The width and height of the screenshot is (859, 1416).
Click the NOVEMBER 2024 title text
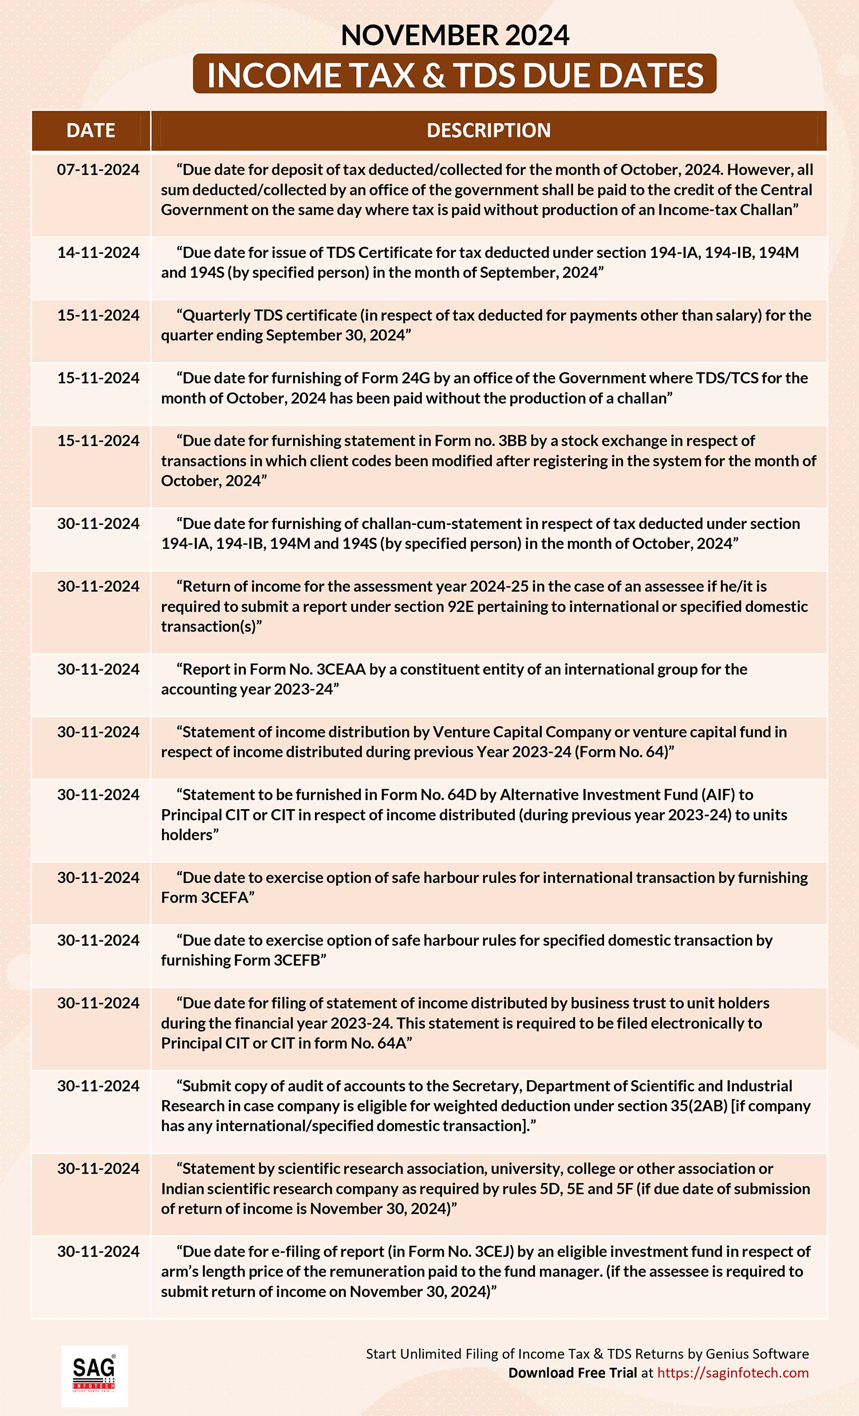(454, 35)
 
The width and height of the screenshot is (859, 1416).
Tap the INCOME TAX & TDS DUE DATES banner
(454, 74)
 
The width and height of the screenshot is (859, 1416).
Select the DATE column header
(90, 131)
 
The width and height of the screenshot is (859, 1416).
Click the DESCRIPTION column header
(488, 131)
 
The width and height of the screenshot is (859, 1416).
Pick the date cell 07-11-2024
(98, 170)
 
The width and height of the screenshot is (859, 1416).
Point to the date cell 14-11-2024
(98, 252)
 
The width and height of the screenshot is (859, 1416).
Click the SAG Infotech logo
(94, 1375)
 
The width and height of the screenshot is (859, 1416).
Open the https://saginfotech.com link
(732, 1373)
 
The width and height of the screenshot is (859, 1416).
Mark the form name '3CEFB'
(296, 960)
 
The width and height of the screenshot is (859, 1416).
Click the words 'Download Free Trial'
(572, 1373)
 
